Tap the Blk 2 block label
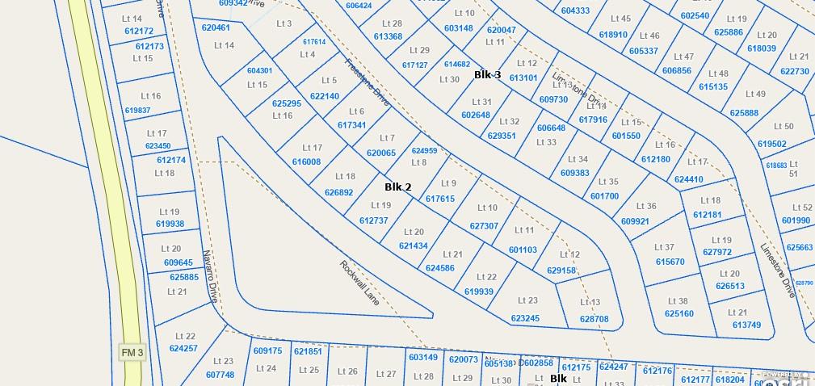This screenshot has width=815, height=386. tap(397, 187)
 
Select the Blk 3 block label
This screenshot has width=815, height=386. tap(487, 75)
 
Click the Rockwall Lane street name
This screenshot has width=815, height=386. tap(359, 282)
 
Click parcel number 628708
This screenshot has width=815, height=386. tap(594, 319)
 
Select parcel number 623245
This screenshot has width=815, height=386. tap(525, 318)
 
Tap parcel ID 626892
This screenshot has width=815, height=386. tap(338, 192)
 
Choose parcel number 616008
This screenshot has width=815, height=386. tap(306, 162)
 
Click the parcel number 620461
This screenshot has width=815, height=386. tap(216, 27)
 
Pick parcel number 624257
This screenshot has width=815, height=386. tap(183, 348)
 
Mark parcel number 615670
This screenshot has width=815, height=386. tap(670, 262)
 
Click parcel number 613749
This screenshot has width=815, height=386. tap(746, 324)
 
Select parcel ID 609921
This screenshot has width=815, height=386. tap(635, 221)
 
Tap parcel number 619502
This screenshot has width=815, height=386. tap(771, 144)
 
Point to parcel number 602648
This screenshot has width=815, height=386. tap(476, 115)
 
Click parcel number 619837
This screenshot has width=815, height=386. tap(137, 110)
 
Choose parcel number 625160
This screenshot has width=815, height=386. tap(678, 313)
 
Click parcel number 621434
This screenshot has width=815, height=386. tap(413, 245)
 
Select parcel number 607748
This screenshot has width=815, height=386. tap(220, 374)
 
